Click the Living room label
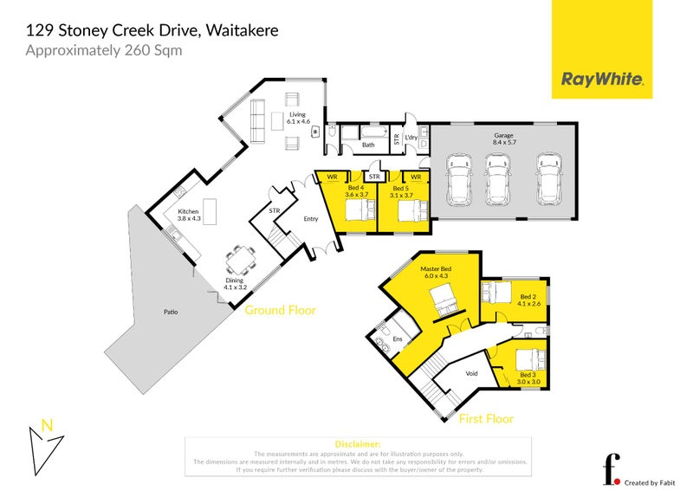[298, 114]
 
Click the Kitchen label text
[189, 211]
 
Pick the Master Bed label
[436, 269]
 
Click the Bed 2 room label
[528, 299]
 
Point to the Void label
[472, 374]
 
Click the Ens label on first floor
[398, 339]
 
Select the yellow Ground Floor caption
[280, 310]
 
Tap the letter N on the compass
[48, 425]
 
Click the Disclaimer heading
[356, 443]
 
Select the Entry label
[311, 219]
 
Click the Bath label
[368, 145]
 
